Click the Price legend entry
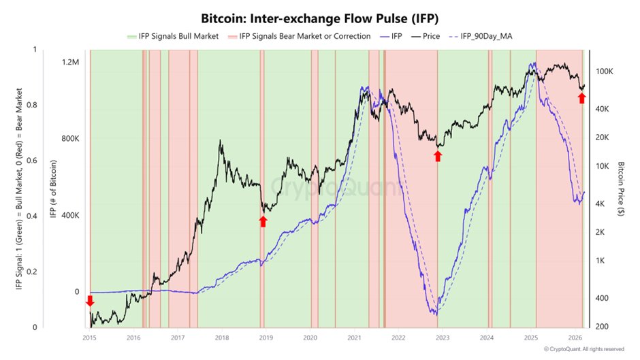pos(430,35)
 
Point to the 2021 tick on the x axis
pos(354,337)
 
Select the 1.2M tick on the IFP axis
pos(71,62)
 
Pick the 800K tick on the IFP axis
pos(71,139)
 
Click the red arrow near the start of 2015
pos(90,301)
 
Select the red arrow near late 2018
pos(263,221)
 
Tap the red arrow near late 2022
pos(438,156)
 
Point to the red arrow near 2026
pos(581,98)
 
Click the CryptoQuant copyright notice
pos(583,349)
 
